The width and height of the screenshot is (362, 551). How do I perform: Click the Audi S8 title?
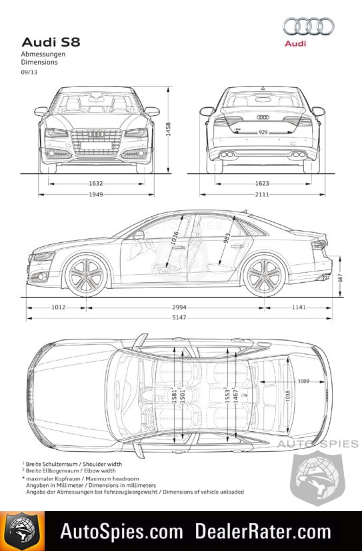(x=51, y=42)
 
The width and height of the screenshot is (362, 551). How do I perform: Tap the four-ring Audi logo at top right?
(x=309, y=27)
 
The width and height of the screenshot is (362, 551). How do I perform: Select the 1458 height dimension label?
(x=168, y=129)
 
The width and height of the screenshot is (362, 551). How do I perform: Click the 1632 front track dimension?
(x=96, y=184)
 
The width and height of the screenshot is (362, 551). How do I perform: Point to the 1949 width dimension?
(x=96, y=194)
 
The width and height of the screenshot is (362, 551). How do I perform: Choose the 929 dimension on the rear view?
(x=263, y=132)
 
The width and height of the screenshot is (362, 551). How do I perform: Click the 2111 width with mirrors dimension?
(x=262, y=194)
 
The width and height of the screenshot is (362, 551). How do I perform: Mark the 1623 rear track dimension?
(x=262, y=184)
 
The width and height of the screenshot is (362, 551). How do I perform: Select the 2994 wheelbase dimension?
(x=179, y=307)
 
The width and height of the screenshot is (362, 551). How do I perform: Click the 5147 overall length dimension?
(x=179, y=317)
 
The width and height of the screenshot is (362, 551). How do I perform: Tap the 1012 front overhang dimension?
(x=59, y=307)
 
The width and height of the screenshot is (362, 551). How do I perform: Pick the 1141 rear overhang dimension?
(x=299, y=307)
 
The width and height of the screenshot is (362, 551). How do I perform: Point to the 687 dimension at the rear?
(x=340, y=277)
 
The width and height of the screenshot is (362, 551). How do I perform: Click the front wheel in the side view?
(x=86, y=275)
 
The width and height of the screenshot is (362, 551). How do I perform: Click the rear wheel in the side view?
(x=265, y=275)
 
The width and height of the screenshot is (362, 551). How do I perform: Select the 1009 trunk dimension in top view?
(x=303, y=381)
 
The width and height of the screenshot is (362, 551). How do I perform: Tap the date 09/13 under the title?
(x=29, y=73)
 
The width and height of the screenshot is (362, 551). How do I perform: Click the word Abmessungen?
(x=43, y=55)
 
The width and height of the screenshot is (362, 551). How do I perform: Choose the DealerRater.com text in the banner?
(x=263, y=531)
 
